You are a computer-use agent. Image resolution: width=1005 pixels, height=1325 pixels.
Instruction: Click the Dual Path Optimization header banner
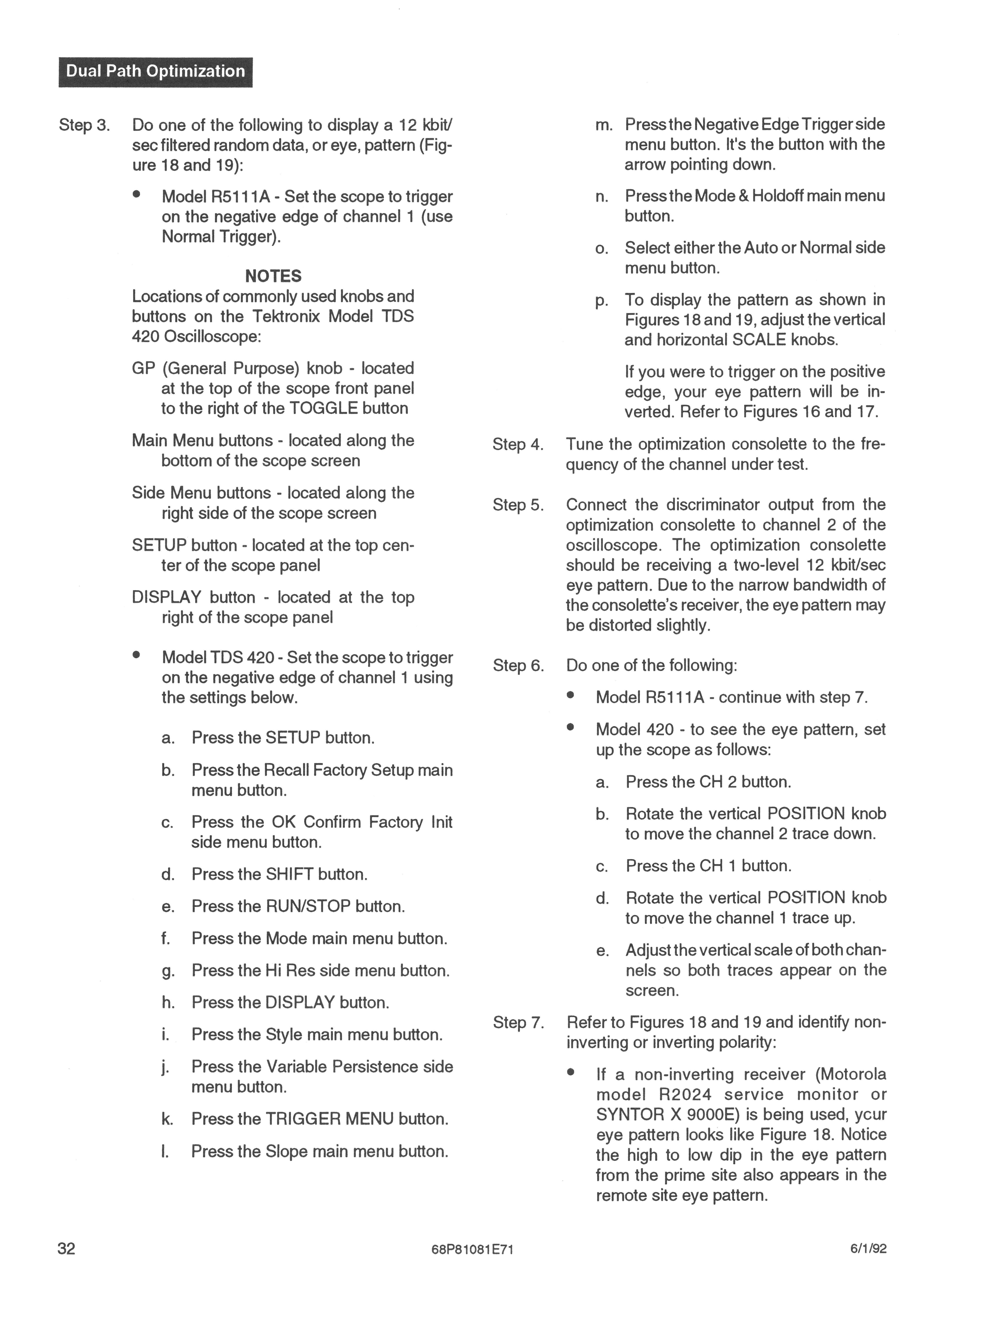point(155,72)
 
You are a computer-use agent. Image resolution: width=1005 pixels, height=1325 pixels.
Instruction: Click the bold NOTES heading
point(273,276)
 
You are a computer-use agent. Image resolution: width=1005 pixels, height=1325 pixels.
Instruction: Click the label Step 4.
point(518,444)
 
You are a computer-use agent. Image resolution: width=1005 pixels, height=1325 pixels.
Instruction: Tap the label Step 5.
point(518,505)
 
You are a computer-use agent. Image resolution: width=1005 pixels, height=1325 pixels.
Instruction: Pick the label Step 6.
point(518,665)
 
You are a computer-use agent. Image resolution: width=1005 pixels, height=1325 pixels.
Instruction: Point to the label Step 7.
point(518,1023)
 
